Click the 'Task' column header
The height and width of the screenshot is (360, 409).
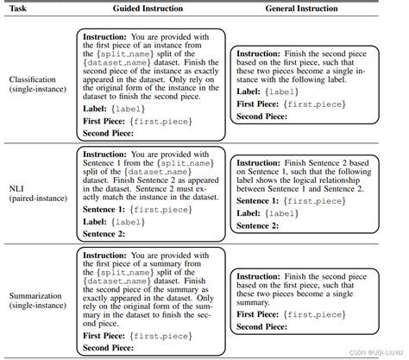coord(19,8)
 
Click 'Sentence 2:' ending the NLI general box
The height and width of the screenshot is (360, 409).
coord(259,225)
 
